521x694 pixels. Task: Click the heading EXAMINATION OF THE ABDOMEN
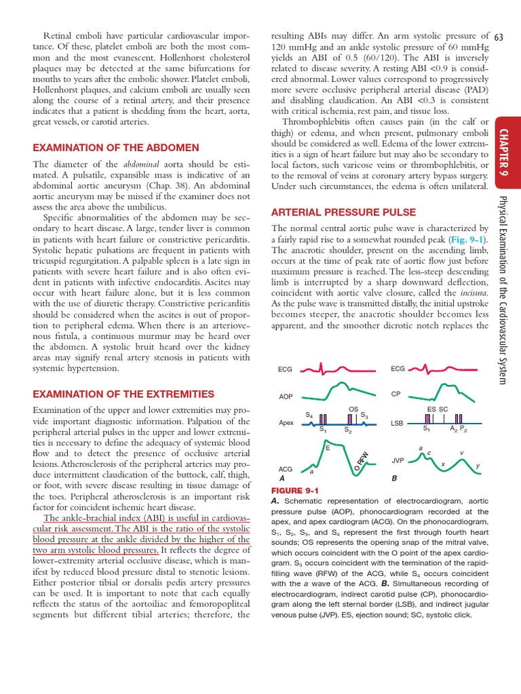(116, 148)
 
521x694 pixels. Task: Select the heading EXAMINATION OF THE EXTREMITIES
(123, 394)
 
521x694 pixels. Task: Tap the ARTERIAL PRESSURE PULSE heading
(343, 212)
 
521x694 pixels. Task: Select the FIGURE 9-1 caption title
(294, 490)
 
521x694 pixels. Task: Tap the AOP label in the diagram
(286, 396)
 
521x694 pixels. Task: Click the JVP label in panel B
(398, 460)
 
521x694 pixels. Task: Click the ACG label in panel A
(286, 468)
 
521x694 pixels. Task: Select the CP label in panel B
(397, 394)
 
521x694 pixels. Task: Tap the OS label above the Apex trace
(353, 409)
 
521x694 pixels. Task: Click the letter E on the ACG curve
(327, 448)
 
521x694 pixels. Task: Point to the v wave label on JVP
(462, 453)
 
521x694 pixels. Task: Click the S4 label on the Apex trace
(309, 415)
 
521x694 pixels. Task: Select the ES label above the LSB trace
(431, 409)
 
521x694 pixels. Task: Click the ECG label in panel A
(286, 370)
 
